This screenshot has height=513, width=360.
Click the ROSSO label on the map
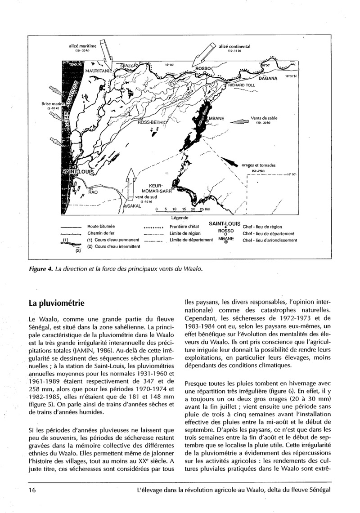(205, 68)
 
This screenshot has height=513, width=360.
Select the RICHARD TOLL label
(241, 85)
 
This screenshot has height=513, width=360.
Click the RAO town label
(93, 192)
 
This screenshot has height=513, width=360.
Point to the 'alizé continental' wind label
(234, 46)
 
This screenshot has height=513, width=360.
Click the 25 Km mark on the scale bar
(204, 210)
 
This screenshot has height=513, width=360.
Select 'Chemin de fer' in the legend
(98, 233)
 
